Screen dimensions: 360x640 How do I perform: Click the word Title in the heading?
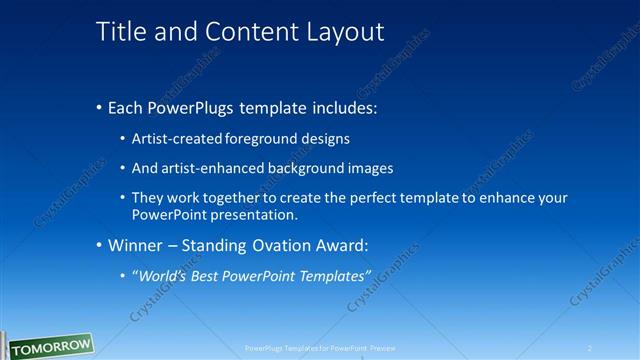click(119, 32)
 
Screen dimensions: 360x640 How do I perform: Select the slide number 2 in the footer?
click(590, 348)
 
